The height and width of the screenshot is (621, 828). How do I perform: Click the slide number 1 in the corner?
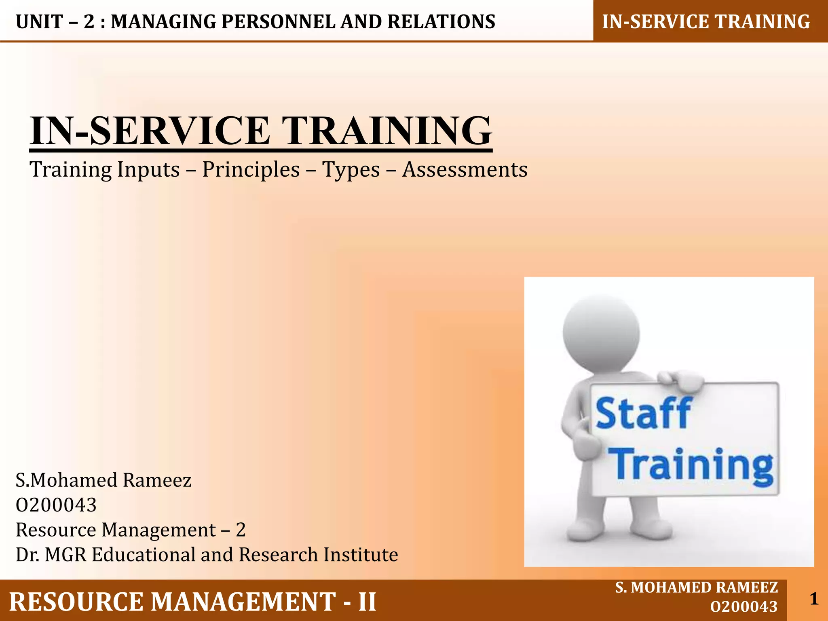coord(814,599)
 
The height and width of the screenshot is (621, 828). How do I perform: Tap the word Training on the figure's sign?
coord(692,466)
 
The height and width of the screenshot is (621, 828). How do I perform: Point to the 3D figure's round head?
coord(602,334)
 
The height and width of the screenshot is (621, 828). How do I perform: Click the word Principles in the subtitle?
coord(251,170)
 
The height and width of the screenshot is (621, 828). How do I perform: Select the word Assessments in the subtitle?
coord(465,169)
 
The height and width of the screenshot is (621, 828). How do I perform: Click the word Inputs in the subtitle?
coord(148,170)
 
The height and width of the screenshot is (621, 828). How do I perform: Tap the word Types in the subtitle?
coord(351,170)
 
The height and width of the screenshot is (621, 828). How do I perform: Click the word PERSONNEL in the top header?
coord(278,22)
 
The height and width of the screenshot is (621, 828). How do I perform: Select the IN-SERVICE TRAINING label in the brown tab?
coord(706,22)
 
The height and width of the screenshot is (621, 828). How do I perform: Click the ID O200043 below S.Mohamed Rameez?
coord(56,505)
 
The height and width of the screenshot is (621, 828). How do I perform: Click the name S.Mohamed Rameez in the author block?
coord(103,480)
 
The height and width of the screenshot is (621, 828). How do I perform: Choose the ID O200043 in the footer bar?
coord(744,607)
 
